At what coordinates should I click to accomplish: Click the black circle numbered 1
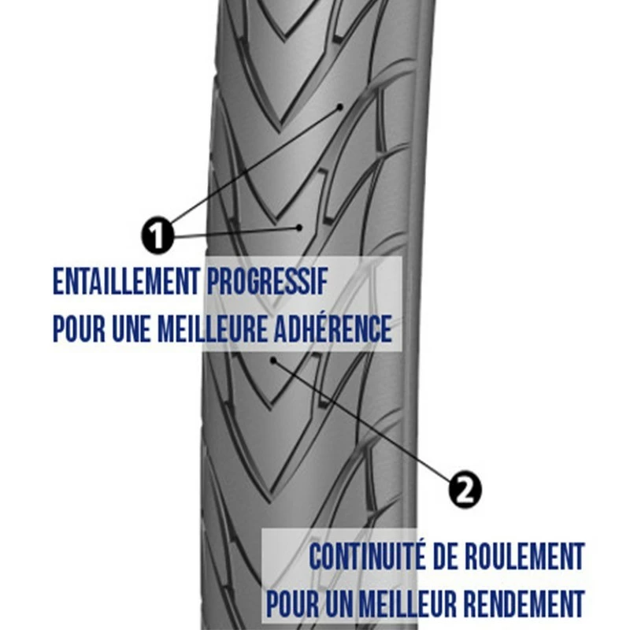(158, 235)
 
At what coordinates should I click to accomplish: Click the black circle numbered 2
(465, 489)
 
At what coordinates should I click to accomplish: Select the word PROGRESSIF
(269, 282)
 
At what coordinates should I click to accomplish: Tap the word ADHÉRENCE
(335, 329)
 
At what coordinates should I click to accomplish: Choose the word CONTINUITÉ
(370, 557)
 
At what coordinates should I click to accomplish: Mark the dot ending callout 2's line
(273, 361)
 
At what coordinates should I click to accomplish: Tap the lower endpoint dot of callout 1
(300, 228)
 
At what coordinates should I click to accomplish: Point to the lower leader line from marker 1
(236, 232)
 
